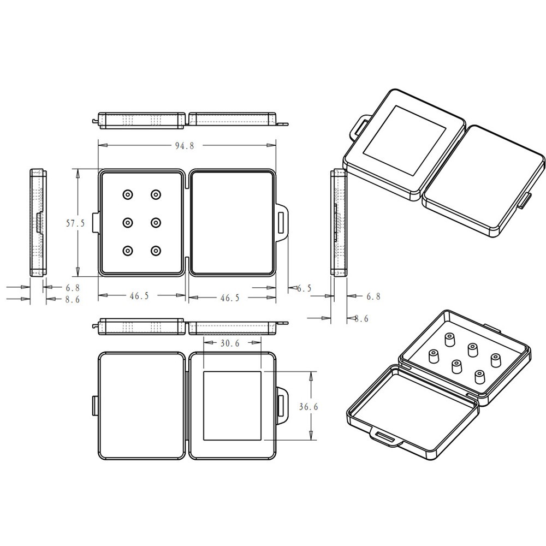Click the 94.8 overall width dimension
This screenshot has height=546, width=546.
point(185,146)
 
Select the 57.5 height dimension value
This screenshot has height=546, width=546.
point(75,223)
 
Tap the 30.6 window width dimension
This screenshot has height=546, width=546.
point(230,343)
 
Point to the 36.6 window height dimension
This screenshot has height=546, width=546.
point(308,406)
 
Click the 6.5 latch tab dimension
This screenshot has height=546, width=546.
point(304,288)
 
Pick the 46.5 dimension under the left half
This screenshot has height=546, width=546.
point(139,295)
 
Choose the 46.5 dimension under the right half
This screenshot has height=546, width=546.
point(230,298)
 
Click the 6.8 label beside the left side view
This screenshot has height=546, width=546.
point(73,288)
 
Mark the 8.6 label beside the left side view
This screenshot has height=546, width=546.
point(73,299)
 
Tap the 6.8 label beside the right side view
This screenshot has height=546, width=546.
point(373,296)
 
